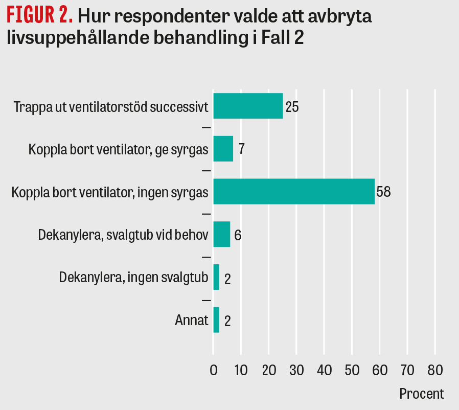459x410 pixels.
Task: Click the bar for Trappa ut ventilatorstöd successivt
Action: tap(248, 106)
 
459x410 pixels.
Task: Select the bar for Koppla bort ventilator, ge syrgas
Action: tap(223, 149)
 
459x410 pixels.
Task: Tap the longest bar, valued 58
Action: tap(293, 192)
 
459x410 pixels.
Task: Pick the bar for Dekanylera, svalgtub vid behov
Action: tap(221, 235)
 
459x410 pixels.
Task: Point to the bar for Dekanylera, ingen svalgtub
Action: tap(216, 277)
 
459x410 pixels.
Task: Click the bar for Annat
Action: tap(216, 320)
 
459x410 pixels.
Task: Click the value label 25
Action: tap(292, 107)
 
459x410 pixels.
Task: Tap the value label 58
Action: tap(384, 192)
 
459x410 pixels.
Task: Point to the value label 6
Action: tap(238, 236)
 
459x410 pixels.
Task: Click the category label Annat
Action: tap(192, 321)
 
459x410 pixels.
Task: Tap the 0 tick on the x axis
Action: tap(213, 370)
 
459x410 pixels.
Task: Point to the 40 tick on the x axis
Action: tap(324, 370)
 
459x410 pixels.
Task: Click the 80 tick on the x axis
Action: tap(435, 370)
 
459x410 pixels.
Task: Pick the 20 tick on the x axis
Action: tap(269, 370)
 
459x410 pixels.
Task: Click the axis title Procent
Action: tap(421, 394)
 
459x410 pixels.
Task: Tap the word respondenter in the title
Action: tap(172, 17)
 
